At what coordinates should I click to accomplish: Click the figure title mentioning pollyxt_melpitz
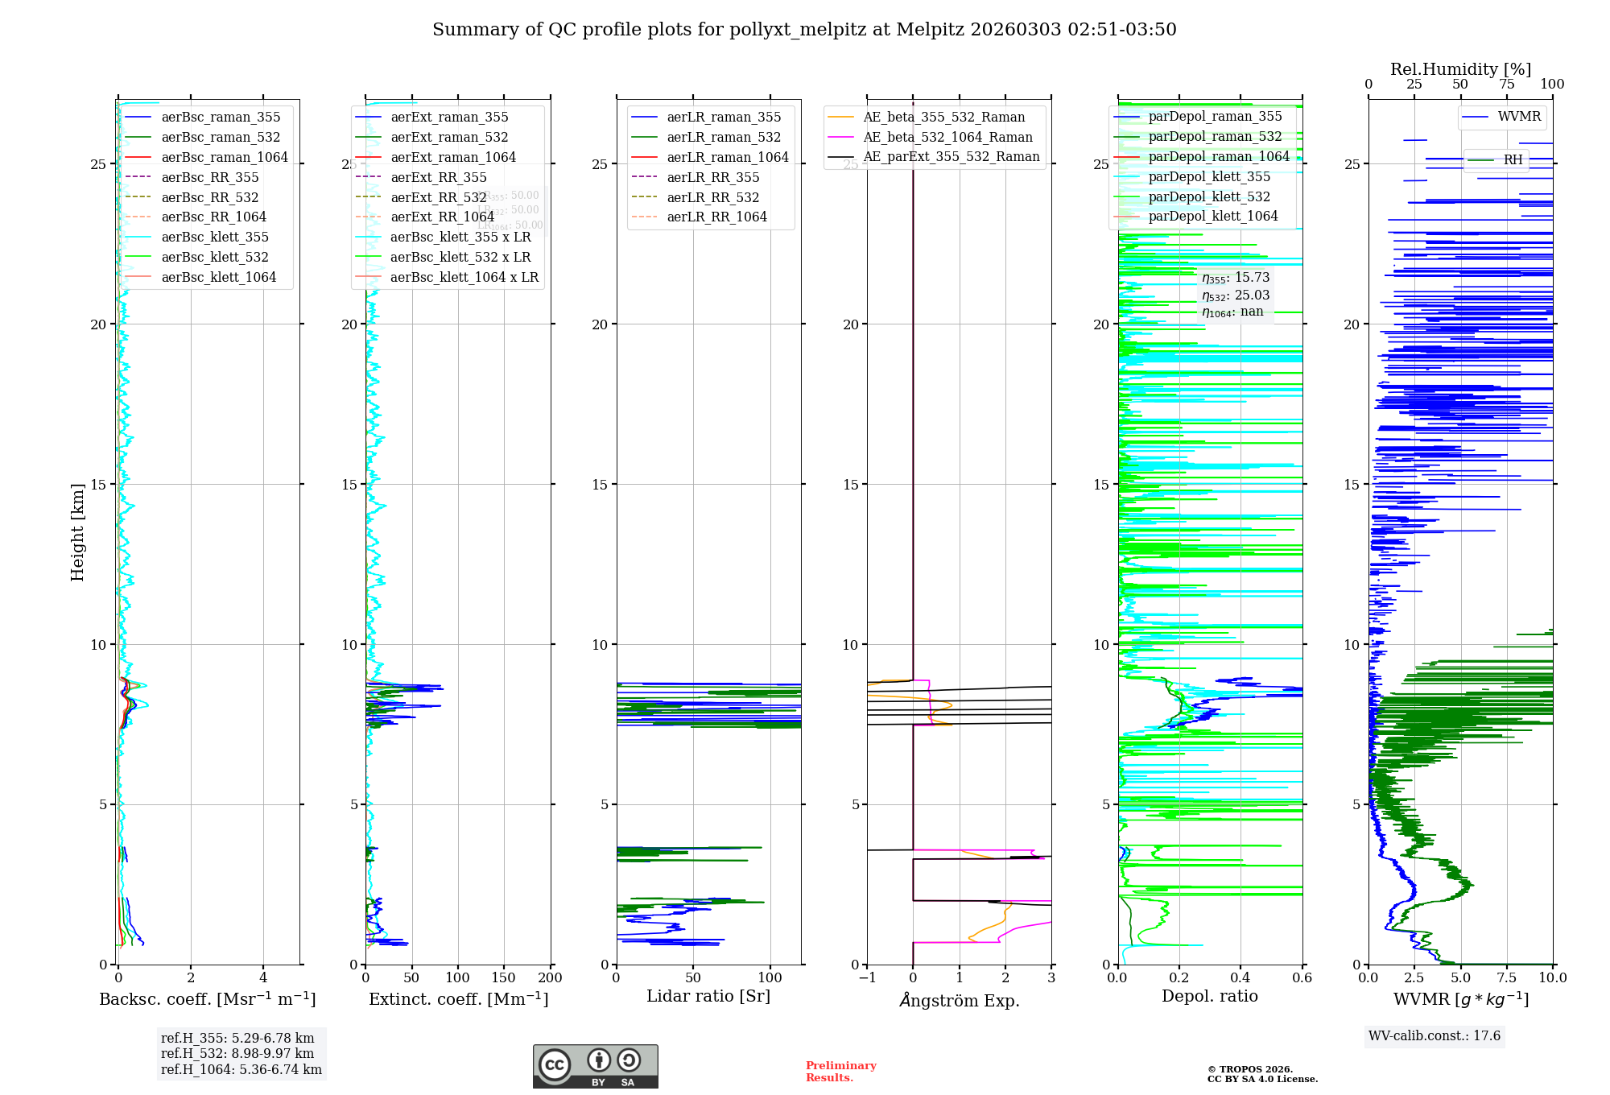(804, 30)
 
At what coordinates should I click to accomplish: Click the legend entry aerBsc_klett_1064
(218, 277)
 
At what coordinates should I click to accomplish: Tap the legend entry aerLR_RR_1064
(716, 217)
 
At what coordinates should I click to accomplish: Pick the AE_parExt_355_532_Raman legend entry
(951, 156)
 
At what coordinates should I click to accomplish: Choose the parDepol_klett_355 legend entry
(1209, 176)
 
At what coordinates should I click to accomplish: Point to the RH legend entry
(1513, 159)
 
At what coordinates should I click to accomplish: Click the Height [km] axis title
(77, 532)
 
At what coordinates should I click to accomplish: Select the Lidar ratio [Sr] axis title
(708, 996)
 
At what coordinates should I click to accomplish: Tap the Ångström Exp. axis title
(959, 1000)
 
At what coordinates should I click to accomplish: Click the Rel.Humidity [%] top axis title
(1460, 69)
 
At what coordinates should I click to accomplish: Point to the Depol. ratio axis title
(1209, 996)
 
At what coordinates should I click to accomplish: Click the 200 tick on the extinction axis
(551, 977)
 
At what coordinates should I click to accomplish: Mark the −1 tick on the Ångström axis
(867, 977)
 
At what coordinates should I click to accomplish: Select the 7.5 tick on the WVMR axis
(1506, 977)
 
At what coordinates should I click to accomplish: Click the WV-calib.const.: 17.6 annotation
(1435, 1035)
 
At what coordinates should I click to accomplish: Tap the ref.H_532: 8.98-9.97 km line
(237, 1053)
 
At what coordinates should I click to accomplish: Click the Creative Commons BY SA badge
(595, 1067)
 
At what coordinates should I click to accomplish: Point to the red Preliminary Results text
(840, 1071)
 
